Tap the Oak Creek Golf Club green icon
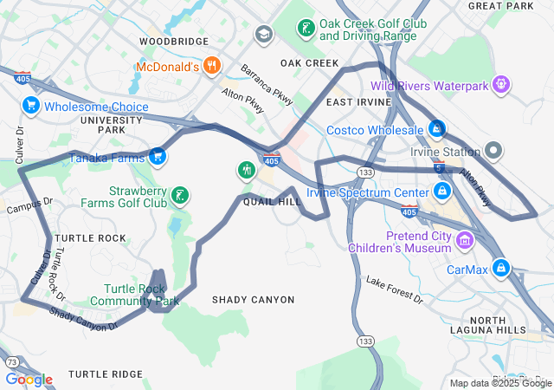(306, 29)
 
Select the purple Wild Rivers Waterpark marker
(500, 84)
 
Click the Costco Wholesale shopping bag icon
(438, 130)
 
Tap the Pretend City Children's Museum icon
(466, 239)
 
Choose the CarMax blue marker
(500, 268)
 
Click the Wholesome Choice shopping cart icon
(31, 106)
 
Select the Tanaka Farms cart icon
(157, 156)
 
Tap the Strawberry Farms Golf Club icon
(179, 196)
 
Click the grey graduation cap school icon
(263, 34)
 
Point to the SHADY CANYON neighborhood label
(253, 300)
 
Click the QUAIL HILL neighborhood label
(272, 201)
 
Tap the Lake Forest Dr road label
(394, 291)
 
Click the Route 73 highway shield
(11, 361)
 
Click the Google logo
(29, 380)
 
